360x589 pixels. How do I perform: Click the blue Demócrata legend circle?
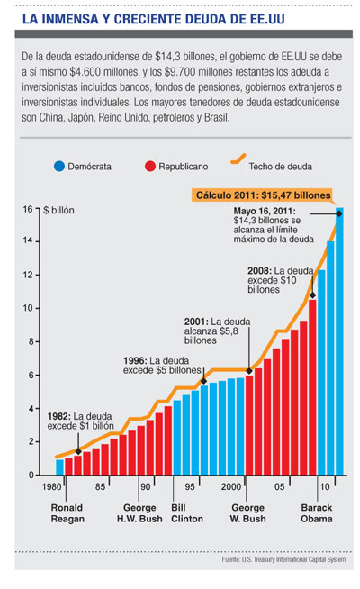click(59, 166)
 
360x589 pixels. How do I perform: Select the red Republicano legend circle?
click(150, 166)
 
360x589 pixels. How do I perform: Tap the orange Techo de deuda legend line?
click(238, 159)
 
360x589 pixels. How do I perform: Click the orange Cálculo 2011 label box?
click(263, 195)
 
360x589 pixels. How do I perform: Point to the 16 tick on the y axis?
click(38, 208)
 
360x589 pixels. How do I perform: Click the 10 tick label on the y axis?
click(28, 308)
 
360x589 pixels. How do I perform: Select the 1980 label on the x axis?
click(51, 487)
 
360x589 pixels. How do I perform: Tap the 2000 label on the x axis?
click(231, 487)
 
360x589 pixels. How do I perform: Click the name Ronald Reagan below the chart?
click(67, 513)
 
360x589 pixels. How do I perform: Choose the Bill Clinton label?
click(187, 513)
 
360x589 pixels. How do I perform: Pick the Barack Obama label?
click(317, 513)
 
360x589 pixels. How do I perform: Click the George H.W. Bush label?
click(139, 513)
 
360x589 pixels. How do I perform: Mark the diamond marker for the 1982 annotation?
click(78, 451)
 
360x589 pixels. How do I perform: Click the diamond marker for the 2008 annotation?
click(312, 295)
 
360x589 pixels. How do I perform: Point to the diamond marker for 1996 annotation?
click(203, 381)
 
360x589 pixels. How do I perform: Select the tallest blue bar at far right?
click(339, 341)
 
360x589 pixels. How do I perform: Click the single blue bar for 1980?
click(59, 467)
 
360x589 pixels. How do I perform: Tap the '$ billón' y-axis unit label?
click(58, 211)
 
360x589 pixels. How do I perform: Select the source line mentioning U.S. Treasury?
click(283, 559)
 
